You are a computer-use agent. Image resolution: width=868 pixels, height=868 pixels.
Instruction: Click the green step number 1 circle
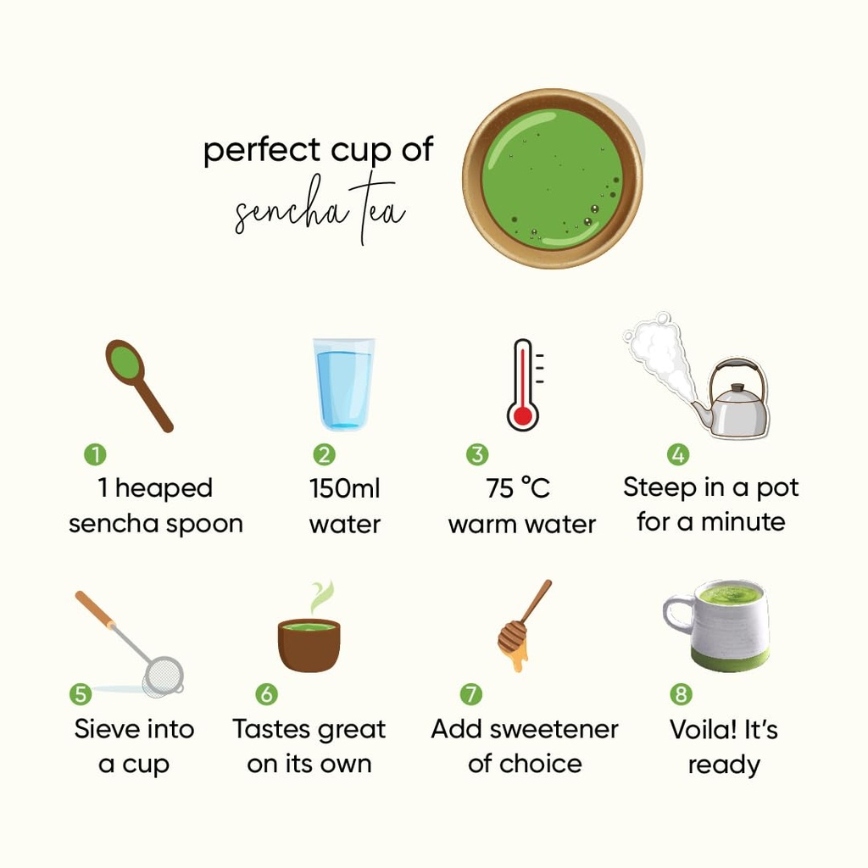pyautogui.click(x=95, y=454)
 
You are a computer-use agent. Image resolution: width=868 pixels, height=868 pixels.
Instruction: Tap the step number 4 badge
pyautogui.click(x=678, y=454)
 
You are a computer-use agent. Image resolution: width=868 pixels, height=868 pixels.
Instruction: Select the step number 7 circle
pyautogui.click(x=471, y=693)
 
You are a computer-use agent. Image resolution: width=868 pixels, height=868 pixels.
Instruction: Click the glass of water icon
pyautogui.click(x=344, y=384)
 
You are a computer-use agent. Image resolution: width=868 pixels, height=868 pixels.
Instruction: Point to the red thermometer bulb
pyautogui.click(x=522, y=415)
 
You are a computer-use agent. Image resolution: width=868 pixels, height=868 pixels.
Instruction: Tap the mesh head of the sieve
pyautogui.click(x=163, y=675)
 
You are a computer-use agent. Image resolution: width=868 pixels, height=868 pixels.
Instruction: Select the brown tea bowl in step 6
pyautogui.click(x=309, y=645)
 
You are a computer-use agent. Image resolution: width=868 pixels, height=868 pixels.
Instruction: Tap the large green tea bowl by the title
pyautogui.click(x=553, y=178)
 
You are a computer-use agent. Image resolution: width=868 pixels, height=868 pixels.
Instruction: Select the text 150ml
pyautogui.click(x=344, y=488)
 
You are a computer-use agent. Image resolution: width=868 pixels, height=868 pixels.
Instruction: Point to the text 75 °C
pyautogui.click(x=518, y=488)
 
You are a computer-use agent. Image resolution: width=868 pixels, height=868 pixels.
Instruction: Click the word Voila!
pyautogui.click(x=702, y=729)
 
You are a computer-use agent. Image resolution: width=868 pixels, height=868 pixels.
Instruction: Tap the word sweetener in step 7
pyautogui.click(x=554, y=729)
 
